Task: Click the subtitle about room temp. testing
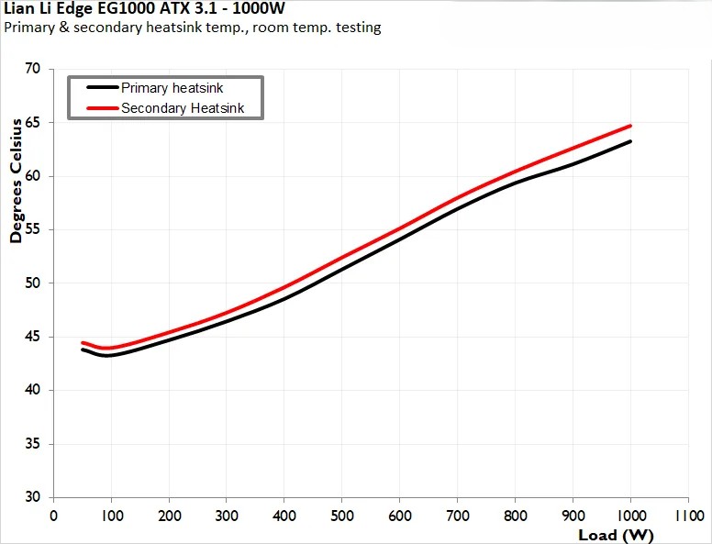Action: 193,28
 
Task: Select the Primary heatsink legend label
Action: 172,88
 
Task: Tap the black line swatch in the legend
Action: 102,88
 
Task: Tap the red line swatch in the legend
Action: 102,108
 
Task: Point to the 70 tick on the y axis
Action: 33,69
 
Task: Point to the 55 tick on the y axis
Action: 33,229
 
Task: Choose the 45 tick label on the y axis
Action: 33,337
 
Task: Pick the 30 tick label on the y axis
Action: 33,497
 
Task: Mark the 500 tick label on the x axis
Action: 342,515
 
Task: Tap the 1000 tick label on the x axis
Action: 630,515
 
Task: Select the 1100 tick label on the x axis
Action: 688,515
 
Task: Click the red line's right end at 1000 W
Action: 631,126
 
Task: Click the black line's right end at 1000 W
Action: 631,141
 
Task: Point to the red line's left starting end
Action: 83,342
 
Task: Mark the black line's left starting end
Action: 83,350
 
